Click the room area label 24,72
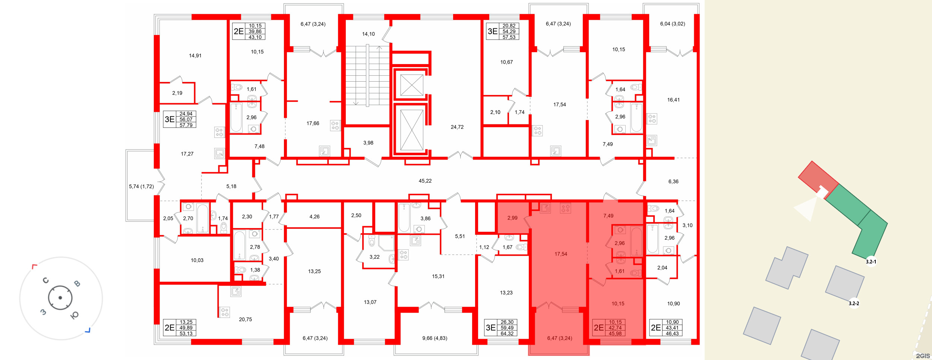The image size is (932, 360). click(457, 127)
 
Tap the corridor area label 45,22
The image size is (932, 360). click(425, 181)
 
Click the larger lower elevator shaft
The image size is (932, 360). click(411, 130)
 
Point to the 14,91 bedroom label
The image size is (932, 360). click(195, 56)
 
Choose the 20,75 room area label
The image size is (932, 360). click(245, 319)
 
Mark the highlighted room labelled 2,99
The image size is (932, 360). click(512, 218)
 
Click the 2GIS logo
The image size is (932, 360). click(923, 356)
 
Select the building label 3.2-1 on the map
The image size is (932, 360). click(871, 262)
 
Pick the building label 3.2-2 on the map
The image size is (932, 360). click(854, 303)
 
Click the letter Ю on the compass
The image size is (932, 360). click(75, 316)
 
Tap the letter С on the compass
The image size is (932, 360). click(46, 280)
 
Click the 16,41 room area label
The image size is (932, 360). click(673, 100)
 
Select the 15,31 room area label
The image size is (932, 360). click(438, 277)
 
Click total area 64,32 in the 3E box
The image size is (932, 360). click(507, 334)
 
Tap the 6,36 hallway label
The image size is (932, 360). click(673, 181)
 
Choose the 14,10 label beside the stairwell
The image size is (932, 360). click(368, 34)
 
